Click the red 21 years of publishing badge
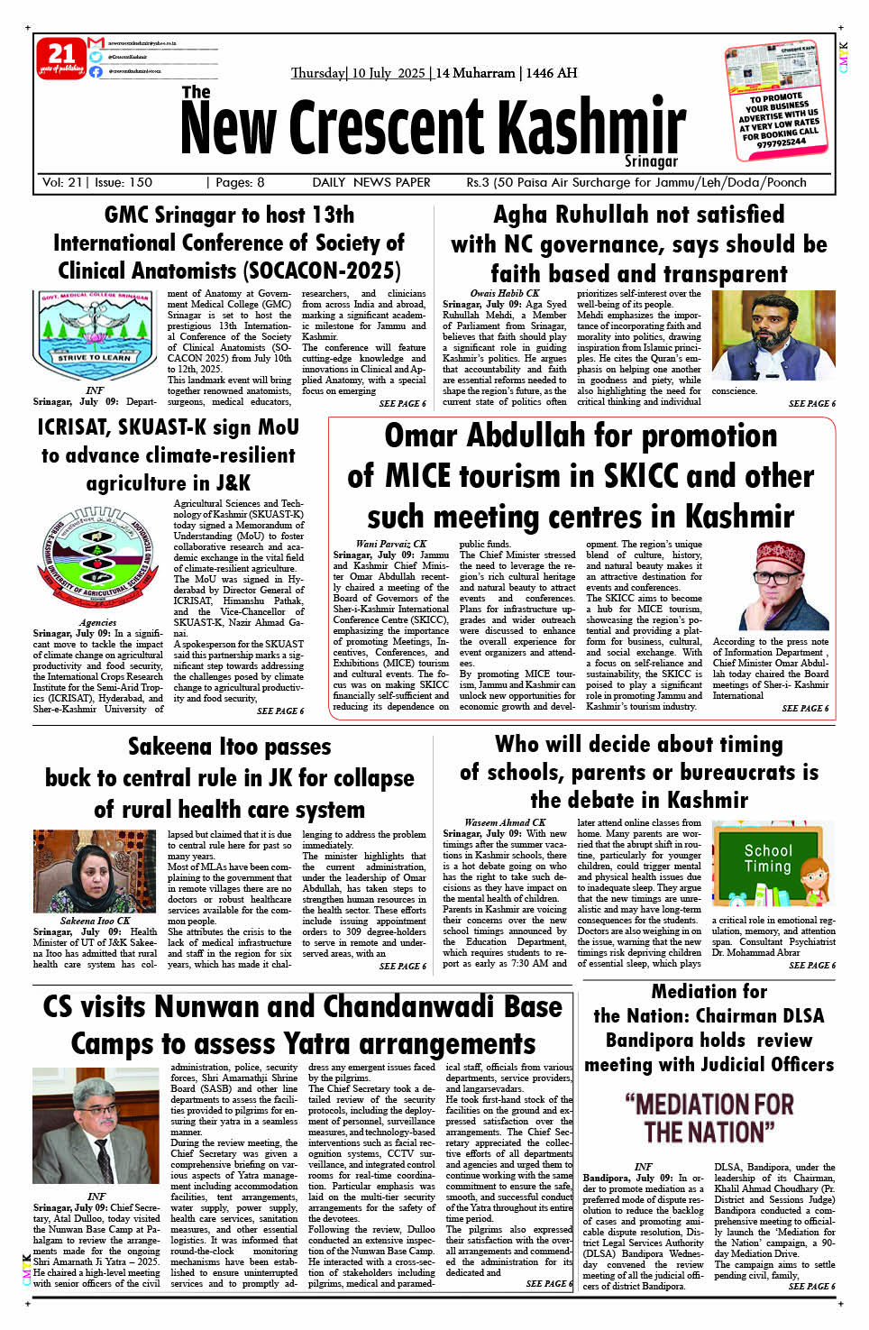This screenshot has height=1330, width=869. (x=60, y=58)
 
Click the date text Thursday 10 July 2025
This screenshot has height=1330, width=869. (x=358, y=73)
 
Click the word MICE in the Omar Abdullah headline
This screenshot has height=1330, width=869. (x=423, y=475)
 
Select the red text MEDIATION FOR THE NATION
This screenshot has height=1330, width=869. (x=709, y=1118)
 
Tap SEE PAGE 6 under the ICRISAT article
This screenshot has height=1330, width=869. (x=279, y=711)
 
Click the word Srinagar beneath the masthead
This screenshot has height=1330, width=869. (x=651, y=161)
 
